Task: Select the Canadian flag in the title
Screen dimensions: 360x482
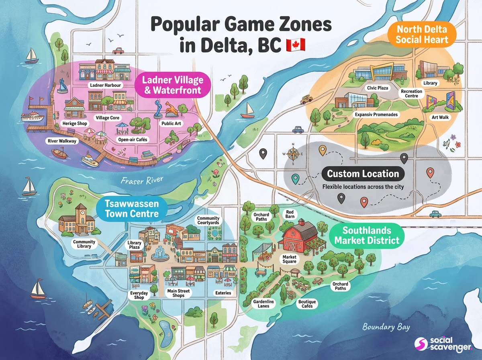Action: point(295,45)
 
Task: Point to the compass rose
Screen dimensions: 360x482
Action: point(293,154)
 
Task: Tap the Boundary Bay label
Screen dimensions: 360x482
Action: point(386,327)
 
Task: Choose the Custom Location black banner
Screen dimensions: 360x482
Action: point(363,174)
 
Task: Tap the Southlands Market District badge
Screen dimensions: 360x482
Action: point(367,235)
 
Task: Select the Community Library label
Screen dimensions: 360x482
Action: point(84,244)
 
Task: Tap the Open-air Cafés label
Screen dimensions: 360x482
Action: point(133,139)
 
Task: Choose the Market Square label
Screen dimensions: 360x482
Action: point(289,259)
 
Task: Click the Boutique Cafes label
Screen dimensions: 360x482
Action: point(307,304)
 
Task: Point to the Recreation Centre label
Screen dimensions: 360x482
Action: point(411,94)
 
